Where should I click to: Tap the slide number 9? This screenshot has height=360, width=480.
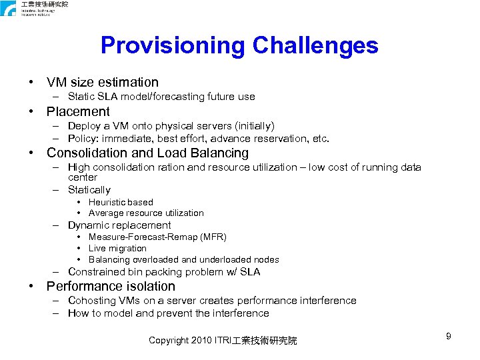pos(449,336)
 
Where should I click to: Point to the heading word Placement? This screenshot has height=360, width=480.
pos(78,111)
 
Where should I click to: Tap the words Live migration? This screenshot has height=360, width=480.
pos(117,249)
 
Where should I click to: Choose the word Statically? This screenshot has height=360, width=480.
pos(89,190)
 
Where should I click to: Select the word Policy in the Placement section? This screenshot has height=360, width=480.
pos(82,139)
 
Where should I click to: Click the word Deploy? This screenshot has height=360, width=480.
pos(85,126)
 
